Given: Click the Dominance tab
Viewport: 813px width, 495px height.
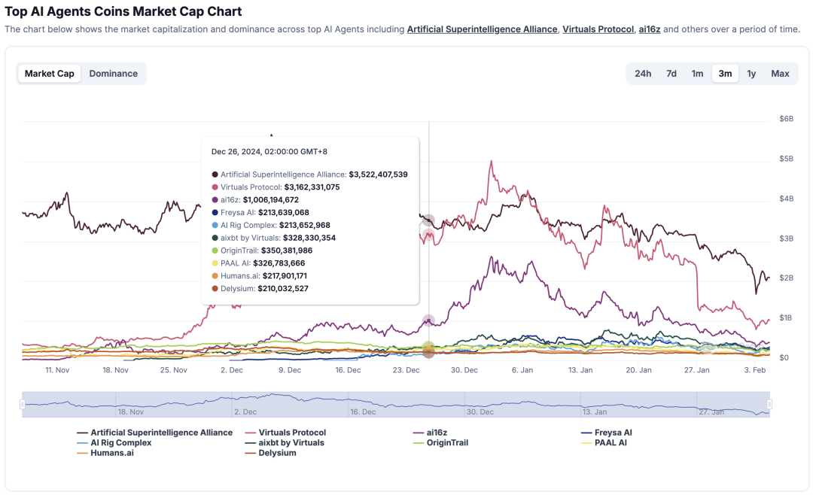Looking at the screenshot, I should click(113, 74).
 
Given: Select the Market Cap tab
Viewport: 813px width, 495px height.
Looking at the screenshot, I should click(50, 74).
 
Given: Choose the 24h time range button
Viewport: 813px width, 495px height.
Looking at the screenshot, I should click(643, 74).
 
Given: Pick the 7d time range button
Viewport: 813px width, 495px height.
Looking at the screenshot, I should click(671, 74).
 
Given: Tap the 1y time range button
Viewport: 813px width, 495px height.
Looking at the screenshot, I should click(751, 74).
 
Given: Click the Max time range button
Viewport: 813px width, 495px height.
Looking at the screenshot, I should click(780, 74).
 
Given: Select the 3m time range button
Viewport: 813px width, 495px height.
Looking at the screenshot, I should click(725, 74).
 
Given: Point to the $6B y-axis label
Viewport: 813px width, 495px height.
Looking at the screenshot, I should click(786, 119).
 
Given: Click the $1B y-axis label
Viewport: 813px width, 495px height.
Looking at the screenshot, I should click(786, 317).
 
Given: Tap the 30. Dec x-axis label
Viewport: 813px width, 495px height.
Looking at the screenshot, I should click(464, 370).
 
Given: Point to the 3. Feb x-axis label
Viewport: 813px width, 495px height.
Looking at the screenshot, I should click(755, 370).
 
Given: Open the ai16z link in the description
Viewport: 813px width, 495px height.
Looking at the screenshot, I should click(649, 29).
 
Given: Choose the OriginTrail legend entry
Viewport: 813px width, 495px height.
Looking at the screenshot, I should click(447, 443).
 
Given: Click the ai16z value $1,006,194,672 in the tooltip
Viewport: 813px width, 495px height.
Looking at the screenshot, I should click(270, 200).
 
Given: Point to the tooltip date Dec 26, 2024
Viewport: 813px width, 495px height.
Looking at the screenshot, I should click(269, 152).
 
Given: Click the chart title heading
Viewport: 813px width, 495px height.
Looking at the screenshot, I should click(123, 11).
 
